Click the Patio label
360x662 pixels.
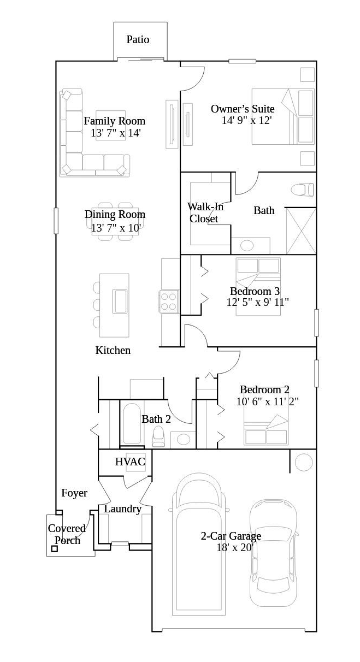[138, 40]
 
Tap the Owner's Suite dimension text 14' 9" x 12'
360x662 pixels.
[246, 120]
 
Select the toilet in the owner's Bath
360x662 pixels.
[302, 190]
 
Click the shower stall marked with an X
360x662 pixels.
[301, 231]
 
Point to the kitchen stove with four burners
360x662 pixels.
[169, 301]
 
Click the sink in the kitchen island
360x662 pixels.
[120, 301]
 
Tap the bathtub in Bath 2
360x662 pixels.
[132, 424]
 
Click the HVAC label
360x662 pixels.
[130, 462]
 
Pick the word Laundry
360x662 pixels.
[123, 509]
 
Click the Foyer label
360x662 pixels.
[74, 493]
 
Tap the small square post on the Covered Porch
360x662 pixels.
[55, 549]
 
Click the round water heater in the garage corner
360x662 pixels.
[304, 462]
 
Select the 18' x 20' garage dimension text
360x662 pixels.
[235, 547]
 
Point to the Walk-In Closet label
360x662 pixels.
[205, 212]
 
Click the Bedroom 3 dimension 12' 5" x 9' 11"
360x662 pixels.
[257, 302]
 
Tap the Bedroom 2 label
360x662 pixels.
[264, 389]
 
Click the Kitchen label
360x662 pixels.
[113, 350]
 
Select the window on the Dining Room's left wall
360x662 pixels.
[56, 221]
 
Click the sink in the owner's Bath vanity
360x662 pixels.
[247, 245]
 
